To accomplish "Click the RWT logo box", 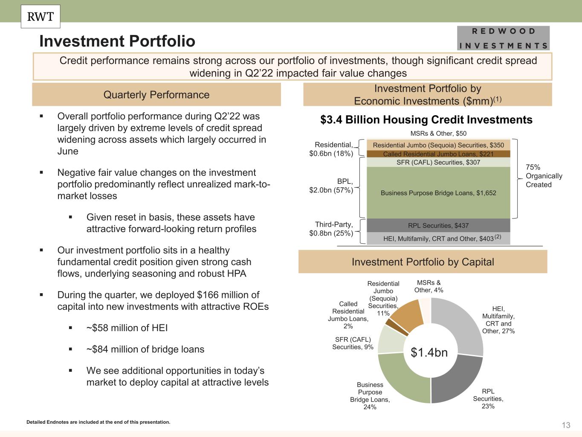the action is [x=41, y=17].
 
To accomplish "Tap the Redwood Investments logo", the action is [x=503, y=38].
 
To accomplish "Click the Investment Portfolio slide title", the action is [x=117, y=41].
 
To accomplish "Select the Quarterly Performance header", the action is [x=156, y=94].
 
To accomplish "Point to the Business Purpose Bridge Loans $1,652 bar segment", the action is [x=438, y=192].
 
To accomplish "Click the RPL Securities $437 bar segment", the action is [x=438, y=225].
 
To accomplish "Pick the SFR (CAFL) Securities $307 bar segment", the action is [x=438, y=163].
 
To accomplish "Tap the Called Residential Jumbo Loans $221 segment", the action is [x=438, y=154].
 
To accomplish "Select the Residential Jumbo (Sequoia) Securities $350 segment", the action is [x=438, y=145].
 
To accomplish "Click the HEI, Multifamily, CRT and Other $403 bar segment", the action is [x=438, y=238].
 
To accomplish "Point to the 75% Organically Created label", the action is [x=544, y=176].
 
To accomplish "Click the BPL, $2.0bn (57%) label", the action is [x=331, y=186].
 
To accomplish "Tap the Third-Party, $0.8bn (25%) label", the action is [x=331, y=229].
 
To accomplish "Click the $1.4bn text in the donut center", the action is [x=429, y=353].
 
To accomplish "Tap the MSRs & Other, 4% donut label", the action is [x=429, y=286].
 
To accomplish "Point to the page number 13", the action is [x=566, y=425].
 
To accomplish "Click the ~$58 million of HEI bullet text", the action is [x=127, y=328].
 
